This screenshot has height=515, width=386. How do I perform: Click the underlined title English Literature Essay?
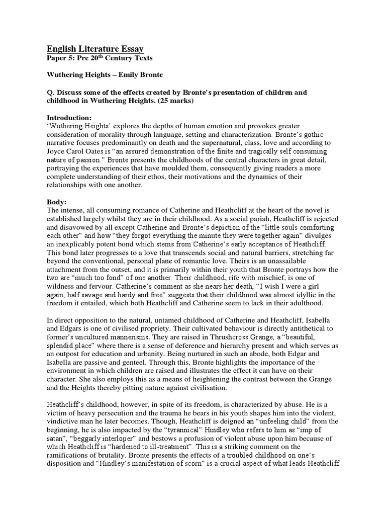(95, 49)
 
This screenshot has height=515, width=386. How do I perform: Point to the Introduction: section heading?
(69, 117)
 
